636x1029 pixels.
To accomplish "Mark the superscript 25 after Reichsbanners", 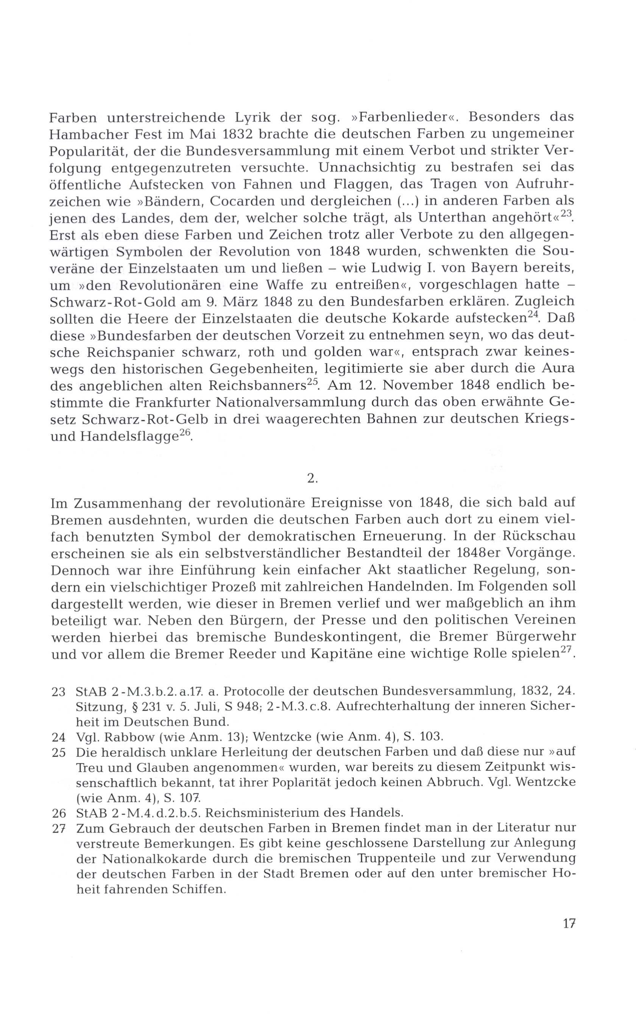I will (313, 382).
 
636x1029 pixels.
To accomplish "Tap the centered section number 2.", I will (312, 478).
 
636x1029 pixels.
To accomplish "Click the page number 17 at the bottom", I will (569, 923).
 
